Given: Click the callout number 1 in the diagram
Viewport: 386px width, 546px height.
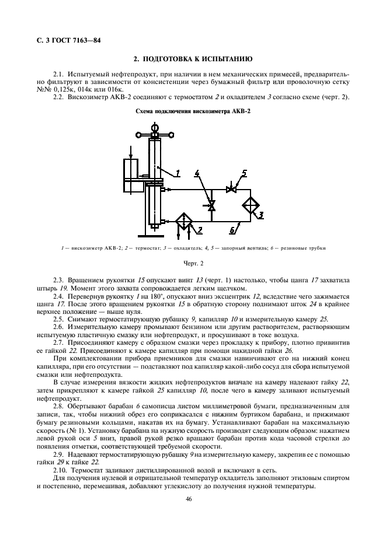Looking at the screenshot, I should click(x=179, y=172).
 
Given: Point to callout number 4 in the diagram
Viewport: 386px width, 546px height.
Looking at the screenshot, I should click(x=197, y=173).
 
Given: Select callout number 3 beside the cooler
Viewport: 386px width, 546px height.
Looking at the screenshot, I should click(x=262, y=215).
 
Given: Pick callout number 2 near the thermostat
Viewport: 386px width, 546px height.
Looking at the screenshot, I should click(x=200, y=230).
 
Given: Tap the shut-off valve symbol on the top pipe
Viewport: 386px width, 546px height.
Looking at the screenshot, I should click(x=231, y=190).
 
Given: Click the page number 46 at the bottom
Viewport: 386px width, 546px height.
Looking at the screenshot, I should click(x=189, y=498).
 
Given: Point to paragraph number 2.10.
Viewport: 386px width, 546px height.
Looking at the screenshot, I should click(x=60, y=470).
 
